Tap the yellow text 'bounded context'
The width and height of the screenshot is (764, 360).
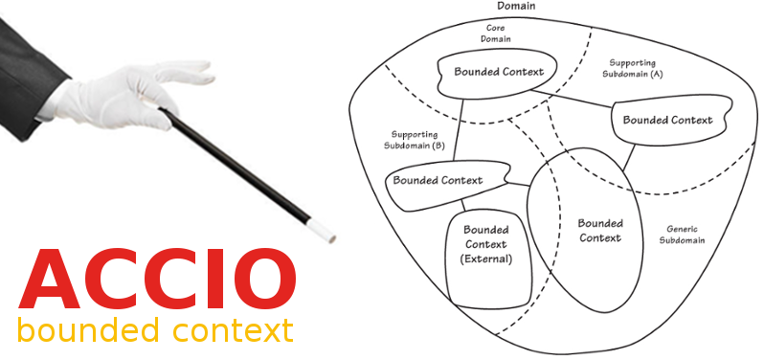pyautogui.click(x=155, y=331)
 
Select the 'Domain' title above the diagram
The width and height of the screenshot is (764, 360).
pyautogui.click(x=517, y=6)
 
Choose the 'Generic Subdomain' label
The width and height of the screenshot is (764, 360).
pyautogui.click(x=682, y=235)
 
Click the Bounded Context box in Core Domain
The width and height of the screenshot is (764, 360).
pyautogui.click(x=498, y=72)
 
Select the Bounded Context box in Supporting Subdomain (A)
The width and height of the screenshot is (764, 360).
pyautogui.click(x=667, y=121)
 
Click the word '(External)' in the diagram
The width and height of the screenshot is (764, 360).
pyautogui.click(x=486, y=259)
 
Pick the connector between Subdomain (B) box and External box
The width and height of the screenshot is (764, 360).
pyautogui.click(x=464, y=204)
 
